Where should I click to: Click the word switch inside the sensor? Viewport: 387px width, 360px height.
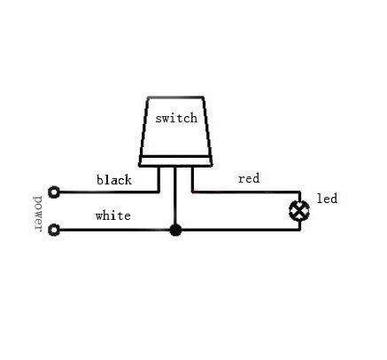176,118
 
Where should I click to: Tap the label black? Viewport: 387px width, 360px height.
114,179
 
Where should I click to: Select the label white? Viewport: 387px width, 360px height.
113,215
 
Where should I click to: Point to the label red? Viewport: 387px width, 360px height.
249,178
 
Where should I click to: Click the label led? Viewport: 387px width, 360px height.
327,199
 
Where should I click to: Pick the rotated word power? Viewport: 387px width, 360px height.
38,214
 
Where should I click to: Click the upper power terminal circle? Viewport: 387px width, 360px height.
54,192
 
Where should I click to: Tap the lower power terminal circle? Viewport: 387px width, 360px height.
54,230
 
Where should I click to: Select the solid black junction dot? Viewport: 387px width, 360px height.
175,230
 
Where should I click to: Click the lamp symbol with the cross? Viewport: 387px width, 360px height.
299,210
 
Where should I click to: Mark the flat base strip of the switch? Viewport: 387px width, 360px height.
175,161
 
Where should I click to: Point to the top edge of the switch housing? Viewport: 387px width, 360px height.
175,98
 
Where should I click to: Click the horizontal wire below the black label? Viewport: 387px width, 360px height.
109,192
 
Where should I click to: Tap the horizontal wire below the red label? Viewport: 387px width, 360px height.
246,192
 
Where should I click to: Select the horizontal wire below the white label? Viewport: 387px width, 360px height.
114,230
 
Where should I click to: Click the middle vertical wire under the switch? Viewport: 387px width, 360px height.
175,196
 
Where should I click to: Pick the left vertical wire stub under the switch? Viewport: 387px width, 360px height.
159,179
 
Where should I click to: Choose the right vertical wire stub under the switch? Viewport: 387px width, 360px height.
193,179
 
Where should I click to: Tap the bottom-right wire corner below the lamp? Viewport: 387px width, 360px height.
299,230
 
